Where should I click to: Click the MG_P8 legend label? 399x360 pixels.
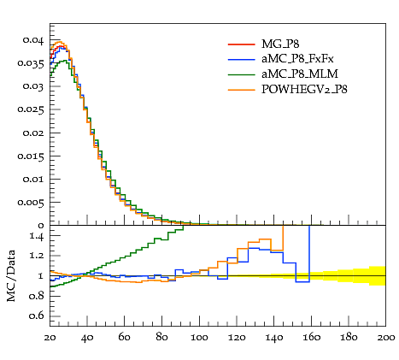(280, 44)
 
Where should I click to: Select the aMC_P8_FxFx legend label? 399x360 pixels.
(297, 59)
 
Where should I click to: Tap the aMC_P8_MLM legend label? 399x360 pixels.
(300, 74)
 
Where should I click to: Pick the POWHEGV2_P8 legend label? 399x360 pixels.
(304, 90)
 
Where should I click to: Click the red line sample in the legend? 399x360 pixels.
(241, 44)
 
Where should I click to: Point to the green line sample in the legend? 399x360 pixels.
(241, 74)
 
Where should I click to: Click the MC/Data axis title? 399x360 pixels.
(11, 275)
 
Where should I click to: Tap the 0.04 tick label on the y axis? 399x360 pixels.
(33, 40)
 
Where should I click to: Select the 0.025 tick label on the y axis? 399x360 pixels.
(31, 109)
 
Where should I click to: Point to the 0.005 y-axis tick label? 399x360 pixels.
(31, 203)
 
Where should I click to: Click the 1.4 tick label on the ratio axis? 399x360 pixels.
(37, 236)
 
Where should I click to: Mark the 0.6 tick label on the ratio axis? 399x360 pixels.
(37, 316)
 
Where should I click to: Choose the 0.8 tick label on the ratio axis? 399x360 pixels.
(37, 296)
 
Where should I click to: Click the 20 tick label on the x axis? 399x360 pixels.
(50, 338)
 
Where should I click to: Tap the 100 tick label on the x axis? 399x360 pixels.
(199, 338)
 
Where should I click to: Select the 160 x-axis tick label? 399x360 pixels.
(311, 338)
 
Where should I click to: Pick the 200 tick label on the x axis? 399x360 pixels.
(386, 338)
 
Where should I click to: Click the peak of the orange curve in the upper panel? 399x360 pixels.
(60, 42)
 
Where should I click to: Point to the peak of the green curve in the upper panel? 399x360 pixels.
(65, 61)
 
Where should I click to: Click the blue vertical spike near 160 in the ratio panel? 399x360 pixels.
(309, 254)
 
